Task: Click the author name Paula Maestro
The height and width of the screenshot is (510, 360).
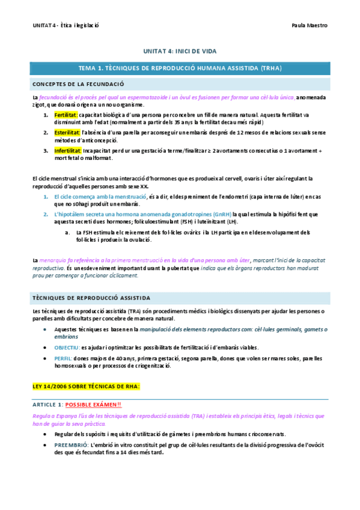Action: point(309,25)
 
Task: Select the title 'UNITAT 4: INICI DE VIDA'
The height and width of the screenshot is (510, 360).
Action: point(180,52)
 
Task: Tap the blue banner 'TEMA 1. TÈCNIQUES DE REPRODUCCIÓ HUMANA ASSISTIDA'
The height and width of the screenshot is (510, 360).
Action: point(180,68)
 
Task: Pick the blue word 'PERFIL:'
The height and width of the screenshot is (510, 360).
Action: point(63,358)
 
